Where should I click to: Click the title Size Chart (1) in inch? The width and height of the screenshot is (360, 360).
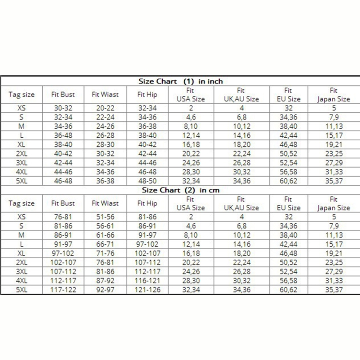[180, 81]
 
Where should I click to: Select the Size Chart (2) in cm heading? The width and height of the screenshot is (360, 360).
[180, 190]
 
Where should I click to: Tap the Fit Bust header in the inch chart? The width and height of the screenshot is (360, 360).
[63, 95]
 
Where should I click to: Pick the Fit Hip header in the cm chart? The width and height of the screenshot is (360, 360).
[147, 204]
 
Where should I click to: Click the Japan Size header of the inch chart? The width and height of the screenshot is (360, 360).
[334, 95]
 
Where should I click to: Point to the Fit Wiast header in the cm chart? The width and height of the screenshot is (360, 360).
[105, 204]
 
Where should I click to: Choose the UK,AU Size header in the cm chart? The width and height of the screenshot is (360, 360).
[240, 204]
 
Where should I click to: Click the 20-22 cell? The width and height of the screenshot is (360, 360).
[105, 108]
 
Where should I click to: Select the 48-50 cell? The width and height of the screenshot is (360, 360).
[147, 180]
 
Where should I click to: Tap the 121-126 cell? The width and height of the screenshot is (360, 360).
[147, 289]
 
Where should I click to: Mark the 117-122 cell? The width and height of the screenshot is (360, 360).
[63, 289]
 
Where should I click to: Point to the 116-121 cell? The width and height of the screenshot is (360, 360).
[147, 280]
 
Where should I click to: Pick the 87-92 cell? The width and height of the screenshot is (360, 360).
[105, 280]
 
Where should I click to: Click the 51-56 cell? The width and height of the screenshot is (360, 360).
[105, 217]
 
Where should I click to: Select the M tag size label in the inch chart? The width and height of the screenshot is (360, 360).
[22, 126]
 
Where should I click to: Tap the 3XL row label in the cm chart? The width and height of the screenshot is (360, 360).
[22, 271]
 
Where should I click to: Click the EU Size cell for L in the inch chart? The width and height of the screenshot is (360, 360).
[288, 135]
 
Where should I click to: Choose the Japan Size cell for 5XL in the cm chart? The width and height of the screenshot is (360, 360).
[334, 289]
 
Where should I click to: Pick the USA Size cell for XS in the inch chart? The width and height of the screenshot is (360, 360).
[191, 108]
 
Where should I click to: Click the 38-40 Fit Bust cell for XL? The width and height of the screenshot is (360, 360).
[63, 144]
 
